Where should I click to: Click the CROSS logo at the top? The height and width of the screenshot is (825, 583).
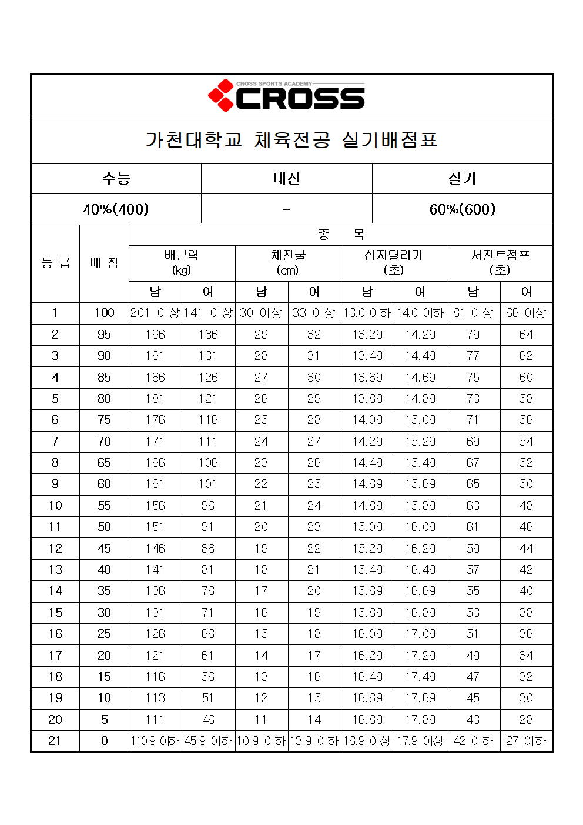287,96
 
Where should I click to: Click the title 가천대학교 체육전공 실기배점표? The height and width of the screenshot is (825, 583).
291,140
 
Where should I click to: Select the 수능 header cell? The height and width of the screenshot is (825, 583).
116,179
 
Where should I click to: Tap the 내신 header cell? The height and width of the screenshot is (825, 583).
286,179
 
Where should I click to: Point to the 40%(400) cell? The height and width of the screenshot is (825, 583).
116,209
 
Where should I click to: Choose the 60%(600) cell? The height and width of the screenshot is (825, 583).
462,209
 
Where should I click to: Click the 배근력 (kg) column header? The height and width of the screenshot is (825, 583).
182,263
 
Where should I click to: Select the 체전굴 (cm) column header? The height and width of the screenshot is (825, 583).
288,263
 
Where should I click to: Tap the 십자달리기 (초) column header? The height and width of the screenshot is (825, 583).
393,263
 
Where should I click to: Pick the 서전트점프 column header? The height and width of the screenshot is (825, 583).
500,263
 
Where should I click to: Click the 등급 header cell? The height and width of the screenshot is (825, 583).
55,263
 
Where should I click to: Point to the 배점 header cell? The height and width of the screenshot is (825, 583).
104,263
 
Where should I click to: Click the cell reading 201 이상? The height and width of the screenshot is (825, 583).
155,313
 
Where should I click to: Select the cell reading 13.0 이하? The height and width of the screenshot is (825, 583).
367,313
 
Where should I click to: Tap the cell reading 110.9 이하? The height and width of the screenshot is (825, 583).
155,741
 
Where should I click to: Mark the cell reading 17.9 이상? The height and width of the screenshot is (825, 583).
420,741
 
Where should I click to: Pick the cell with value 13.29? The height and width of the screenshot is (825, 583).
367,335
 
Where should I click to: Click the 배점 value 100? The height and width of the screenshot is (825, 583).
104,313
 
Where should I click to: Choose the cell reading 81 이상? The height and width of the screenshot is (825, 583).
473,313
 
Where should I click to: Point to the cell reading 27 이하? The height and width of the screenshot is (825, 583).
526,741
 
